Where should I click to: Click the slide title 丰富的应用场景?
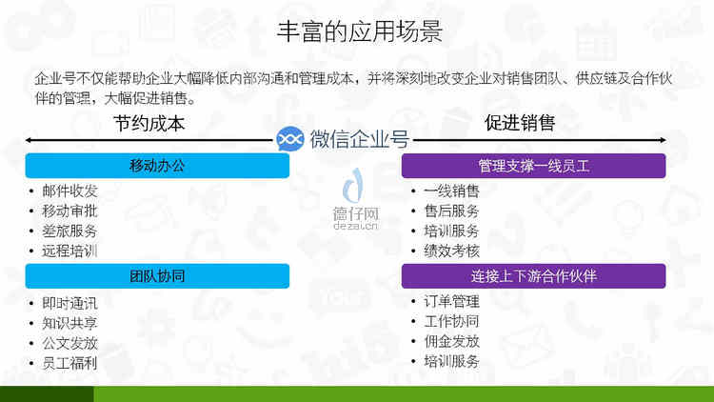[360, 31]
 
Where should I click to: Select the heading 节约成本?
[149, 124]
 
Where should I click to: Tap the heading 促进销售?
[520, 123]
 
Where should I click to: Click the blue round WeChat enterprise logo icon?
[290, 139]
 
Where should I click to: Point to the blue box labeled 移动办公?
[157, 166]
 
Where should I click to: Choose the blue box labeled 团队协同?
[157, 275]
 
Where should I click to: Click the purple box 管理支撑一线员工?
[533, 166]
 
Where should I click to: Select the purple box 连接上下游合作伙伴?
[533, 275]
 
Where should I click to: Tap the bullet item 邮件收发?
[69, 191]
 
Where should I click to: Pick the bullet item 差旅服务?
[69, 231]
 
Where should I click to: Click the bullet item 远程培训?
[69, 251]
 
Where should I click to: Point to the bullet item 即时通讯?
[69, 304]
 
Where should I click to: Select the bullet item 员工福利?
[69, 363]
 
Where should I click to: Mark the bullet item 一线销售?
[451, 191]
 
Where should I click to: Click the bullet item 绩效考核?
[451, 251]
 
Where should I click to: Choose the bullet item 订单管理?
[451, 302]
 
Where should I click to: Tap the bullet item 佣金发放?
[451, 341]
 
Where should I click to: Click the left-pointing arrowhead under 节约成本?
[29, 140]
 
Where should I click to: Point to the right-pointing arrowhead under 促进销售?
[663, 140]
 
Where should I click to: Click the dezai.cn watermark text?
[356, 225]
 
